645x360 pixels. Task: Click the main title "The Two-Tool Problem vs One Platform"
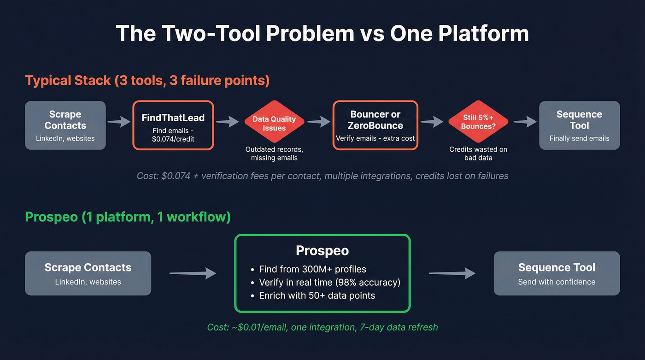[x=322, y=34]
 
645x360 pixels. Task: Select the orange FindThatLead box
[x=173, y=125]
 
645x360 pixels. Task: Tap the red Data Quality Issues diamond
[x=274, y=124]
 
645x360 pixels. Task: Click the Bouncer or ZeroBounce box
[x=375, y=125]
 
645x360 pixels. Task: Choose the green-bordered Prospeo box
[x=322, y=273]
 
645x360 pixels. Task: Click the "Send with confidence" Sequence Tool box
[x=557, y=273]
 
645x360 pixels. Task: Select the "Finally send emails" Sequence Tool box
[x=579, y=125]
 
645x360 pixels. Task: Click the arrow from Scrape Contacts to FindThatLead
[x=119, y=122]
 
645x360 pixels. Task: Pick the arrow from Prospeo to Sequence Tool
[x=451, y=273]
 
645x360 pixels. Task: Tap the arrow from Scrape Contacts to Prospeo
[x=193, y=273]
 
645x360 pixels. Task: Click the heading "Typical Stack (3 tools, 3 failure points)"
[x=147, y=80]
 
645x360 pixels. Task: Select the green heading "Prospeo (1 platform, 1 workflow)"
[x=128, y=217]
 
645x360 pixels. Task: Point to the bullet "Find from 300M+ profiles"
[x=312, y=269]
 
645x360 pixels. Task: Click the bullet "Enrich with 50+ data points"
[x=317, y=295]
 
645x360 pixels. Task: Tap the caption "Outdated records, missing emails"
[x=274, y=154]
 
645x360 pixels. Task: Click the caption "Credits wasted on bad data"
[x=478, y=154]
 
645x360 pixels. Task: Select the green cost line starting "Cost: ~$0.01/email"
[x=322, y=327]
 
